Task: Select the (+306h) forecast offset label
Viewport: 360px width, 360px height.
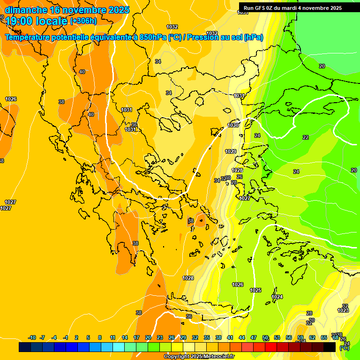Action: pyautogui.click(x=83, y=21)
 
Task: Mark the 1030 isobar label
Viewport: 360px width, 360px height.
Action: pyautogui.click(x=233, y=126)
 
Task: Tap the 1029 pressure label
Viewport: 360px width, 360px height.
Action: pyautogui.click(x=231, y=151)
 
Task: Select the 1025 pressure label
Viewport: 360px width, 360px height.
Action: pyautogui.click(x=255, y=291)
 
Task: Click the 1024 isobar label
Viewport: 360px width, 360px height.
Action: pyautogui.click(x=277, y=297)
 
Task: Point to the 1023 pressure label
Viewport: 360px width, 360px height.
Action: pyautogui.click(x=343, y=310)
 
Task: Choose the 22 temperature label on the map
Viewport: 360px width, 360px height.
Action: pyautogui.click(x=306, y=137)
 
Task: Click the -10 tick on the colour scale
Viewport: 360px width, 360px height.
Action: pyautogui.click(x=32, y=338)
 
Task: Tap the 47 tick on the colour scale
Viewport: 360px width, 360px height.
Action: pyautogui.click(x=254, y=338)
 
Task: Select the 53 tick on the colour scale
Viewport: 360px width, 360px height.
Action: pyautogui.click(x=277, y=338)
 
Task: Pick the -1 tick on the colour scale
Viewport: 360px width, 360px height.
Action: pyautogui.click(x=66, y=338)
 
